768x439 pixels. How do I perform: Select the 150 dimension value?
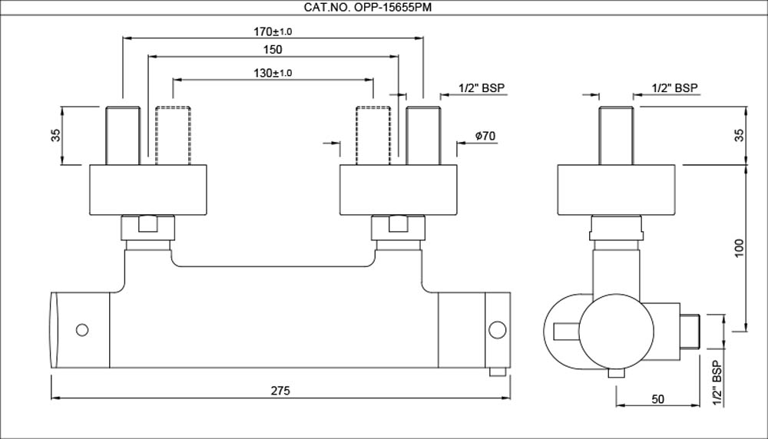(x=273, y=50)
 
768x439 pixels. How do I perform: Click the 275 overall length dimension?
(x=280, y=391)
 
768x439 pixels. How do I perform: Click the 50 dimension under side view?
(x=657, y=399)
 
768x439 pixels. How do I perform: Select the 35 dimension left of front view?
(x=55, y=135)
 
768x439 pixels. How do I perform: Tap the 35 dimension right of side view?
(x=739, y=135)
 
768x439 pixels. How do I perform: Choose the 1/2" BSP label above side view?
(x=674, y=88)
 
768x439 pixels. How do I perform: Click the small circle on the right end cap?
(x=498, y=331)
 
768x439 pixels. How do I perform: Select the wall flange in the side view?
(x=617, y=189)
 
